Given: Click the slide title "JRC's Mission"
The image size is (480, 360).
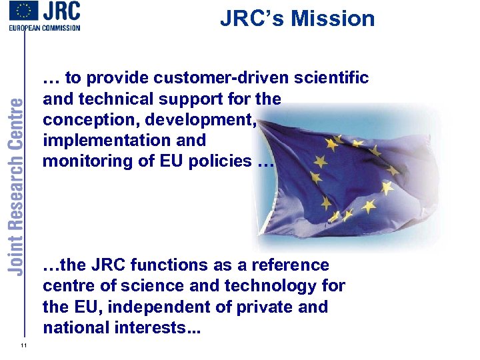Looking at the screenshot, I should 297,19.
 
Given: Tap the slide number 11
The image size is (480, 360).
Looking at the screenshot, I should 23,344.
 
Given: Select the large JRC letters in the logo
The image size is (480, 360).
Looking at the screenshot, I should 62,12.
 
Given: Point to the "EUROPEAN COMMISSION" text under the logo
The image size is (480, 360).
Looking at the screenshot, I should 45,28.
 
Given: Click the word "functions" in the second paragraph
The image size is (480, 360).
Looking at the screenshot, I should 169,265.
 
